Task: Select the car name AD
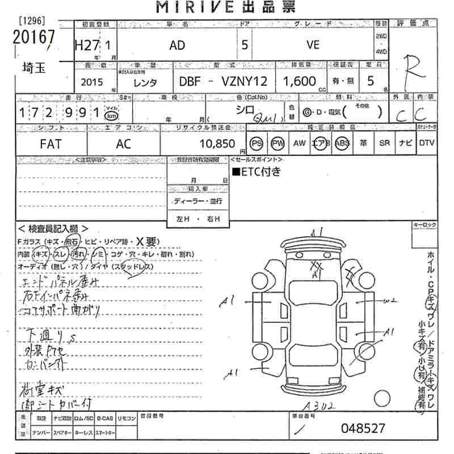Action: coord(176,46)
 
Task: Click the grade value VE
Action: coord(313,45)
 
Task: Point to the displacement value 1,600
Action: coord(300,81)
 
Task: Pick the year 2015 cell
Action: coord(92,82)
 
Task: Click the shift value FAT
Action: coord(51,144)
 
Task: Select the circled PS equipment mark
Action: coord(257,144)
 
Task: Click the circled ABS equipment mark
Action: coord(342,144)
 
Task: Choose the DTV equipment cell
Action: coord(426,144)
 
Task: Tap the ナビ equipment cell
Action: coord(406,144)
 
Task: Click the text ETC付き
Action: coord(256,172)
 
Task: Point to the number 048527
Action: coord(363,428)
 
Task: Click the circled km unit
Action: coord(112,115)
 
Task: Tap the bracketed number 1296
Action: coord(32,21)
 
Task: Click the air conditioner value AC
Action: coord(123,144)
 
